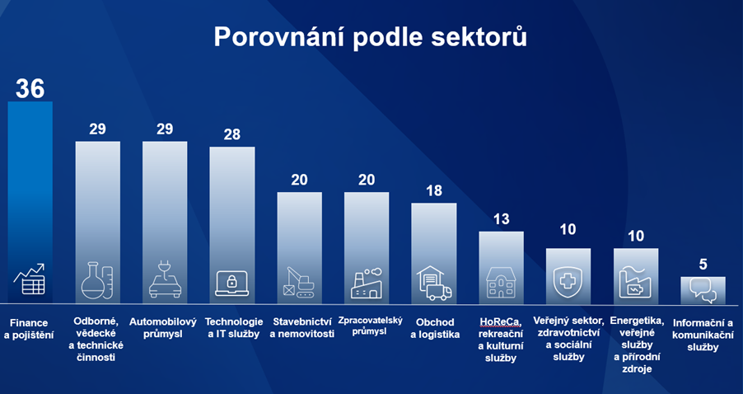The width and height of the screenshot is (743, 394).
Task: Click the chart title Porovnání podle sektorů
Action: pyautogui.click(x=370, y=36)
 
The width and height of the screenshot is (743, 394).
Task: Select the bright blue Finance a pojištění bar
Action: pyautogui.click(x=30, y=203)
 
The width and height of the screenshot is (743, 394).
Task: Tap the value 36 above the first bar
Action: pyautogui.click(x=30, y=88)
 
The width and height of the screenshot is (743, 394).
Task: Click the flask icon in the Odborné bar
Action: pyautogui.click(x=97, y=281)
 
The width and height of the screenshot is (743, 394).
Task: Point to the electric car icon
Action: pyautogui.click(x=165, y=280)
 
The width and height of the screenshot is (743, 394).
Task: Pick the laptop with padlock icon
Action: pyautogui.click(x=231, y=283)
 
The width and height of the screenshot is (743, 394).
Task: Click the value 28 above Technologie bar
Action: pyautogui.click(x=232, y=134)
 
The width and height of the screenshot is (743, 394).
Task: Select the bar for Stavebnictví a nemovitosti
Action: pyautogui.click(x=300, y=248)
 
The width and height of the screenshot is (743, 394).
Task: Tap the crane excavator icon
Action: pyautogui.click(x=298, y=282)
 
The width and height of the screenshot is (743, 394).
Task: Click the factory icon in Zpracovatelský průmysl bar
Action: pyautogui.click(x=367, y=283)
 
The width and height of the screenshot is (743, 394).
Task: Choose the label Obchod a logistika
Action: pyautogui.click(x=435, y=328)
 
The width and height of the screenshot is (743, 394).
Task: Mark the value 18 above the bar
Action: pyautogui.click(x=434, y=190)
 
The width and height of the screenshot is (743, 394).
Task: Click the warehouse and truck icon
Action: pyautogui.click(x=434, y=283)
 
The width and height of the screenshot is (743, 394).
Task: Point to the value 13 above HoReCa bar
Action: pyautogui.click(x=502, y=219)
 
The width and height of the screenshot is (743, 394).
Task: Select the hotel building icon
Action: pyautogui.click(x=501, y=283)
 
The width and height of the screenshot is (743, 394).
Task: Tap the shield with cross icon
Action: pyautogui.click(x=568, y=283)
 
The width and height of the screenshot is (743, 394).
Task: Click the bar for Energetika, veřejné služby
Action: pyautogui.click(x=636, y=276)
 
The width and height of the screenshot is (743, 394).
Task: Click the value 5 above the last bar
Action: pyautogui.click(x=703, y=264)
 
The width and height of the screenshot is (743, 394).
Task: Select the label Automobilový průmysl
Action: pyautogui.click(x=163, y=328)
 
